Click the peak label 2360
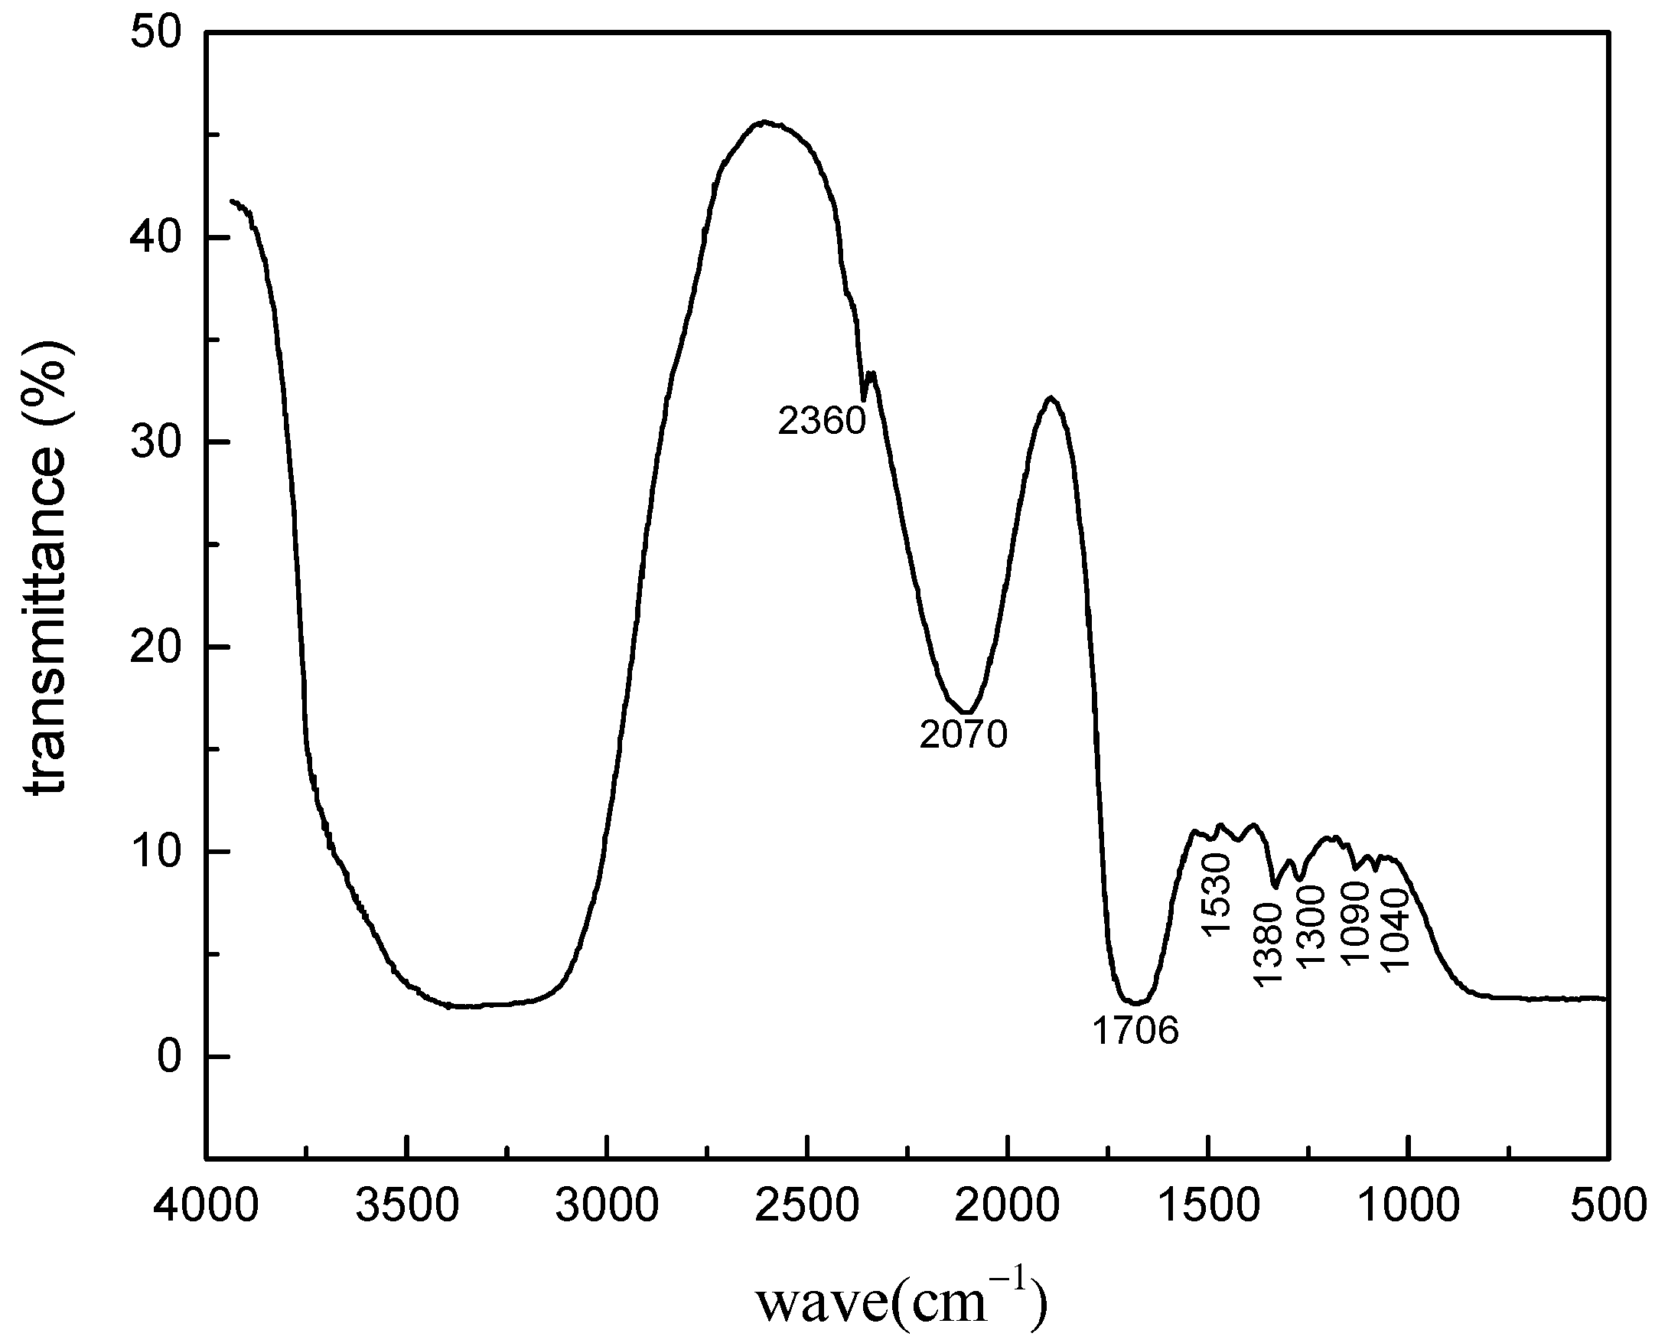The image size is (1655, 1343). coord(820,422)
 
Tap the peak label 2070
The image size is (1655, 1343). coord(963,734)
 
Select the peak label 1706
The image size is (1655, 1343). coord(1135,1031)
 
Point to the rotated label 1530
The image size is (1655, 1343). coord(1215,895)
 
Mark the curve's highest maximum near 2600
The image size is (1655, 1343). coord(764,122)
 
